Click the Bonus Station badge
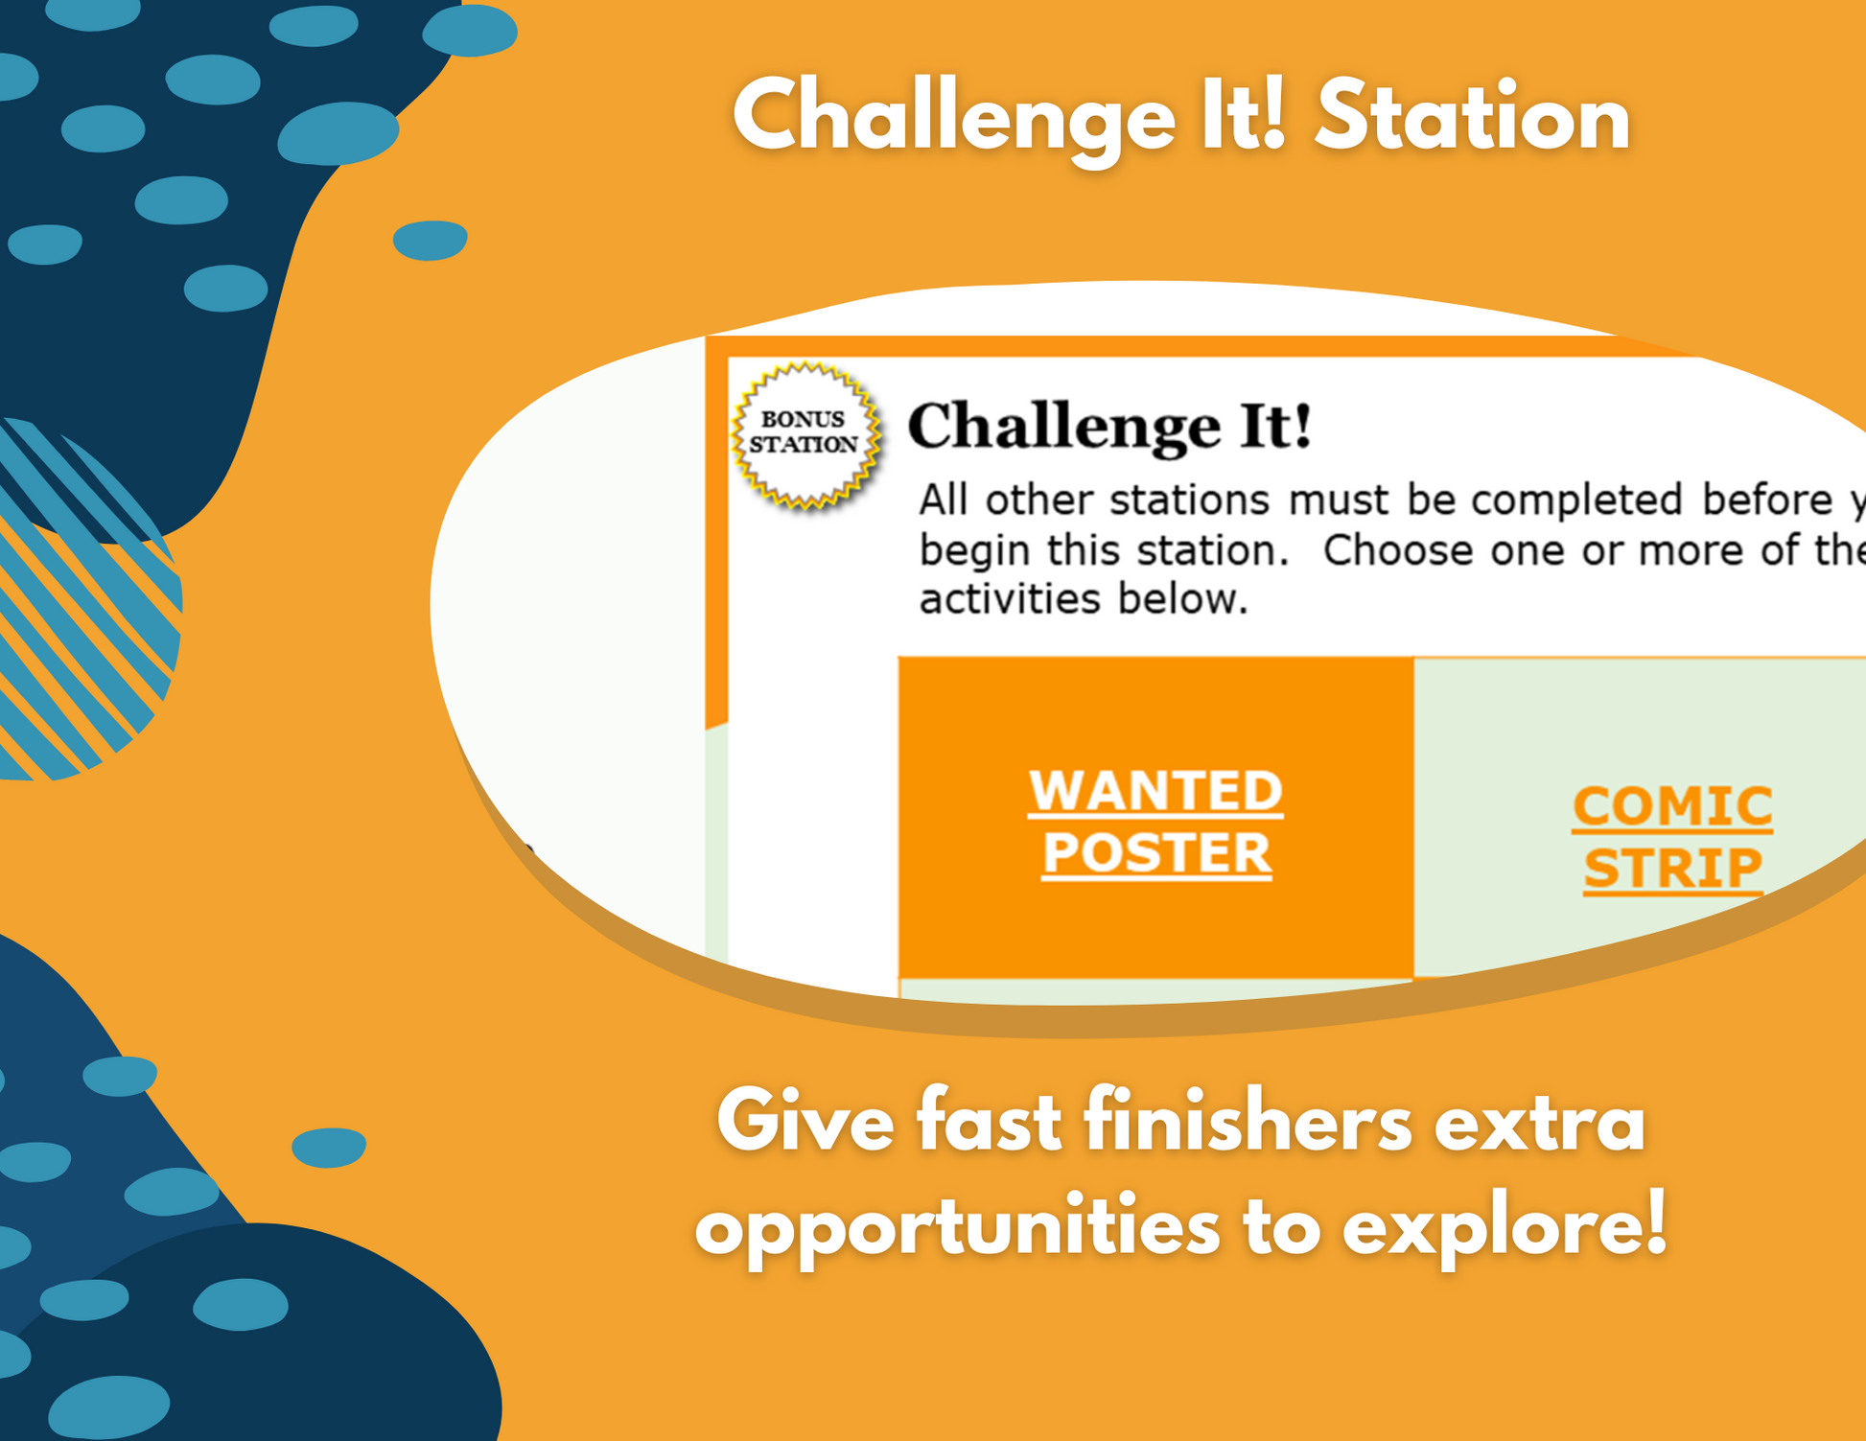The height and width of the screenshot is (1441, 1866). click(806, 433)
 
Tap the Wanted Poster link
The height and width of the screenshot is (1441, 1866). click(1155, 822)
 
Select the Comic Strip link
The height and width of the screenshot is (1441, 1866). click(1672, 837)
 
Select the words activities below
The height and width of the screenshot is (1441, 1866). click(1084, 599)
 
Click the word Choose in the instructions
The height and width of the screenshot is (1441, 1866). click(1398, 550)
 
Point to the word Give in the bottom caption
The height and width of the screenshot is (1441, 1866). click(805, 1123)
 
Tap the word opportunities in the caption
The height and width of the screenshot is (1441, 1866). click(957, 1227)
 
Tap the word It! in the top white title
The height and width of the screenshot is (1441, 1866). click(1243, 116)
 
